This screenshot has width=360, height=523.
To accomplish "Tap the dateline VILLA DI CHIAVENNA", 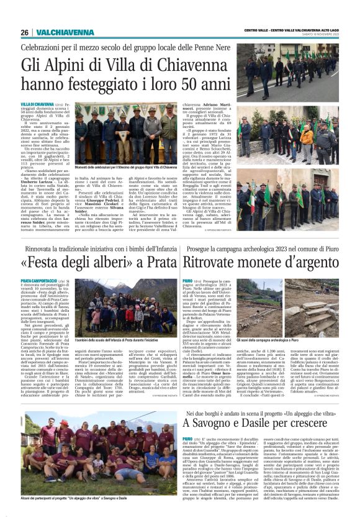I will [37, 104].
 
